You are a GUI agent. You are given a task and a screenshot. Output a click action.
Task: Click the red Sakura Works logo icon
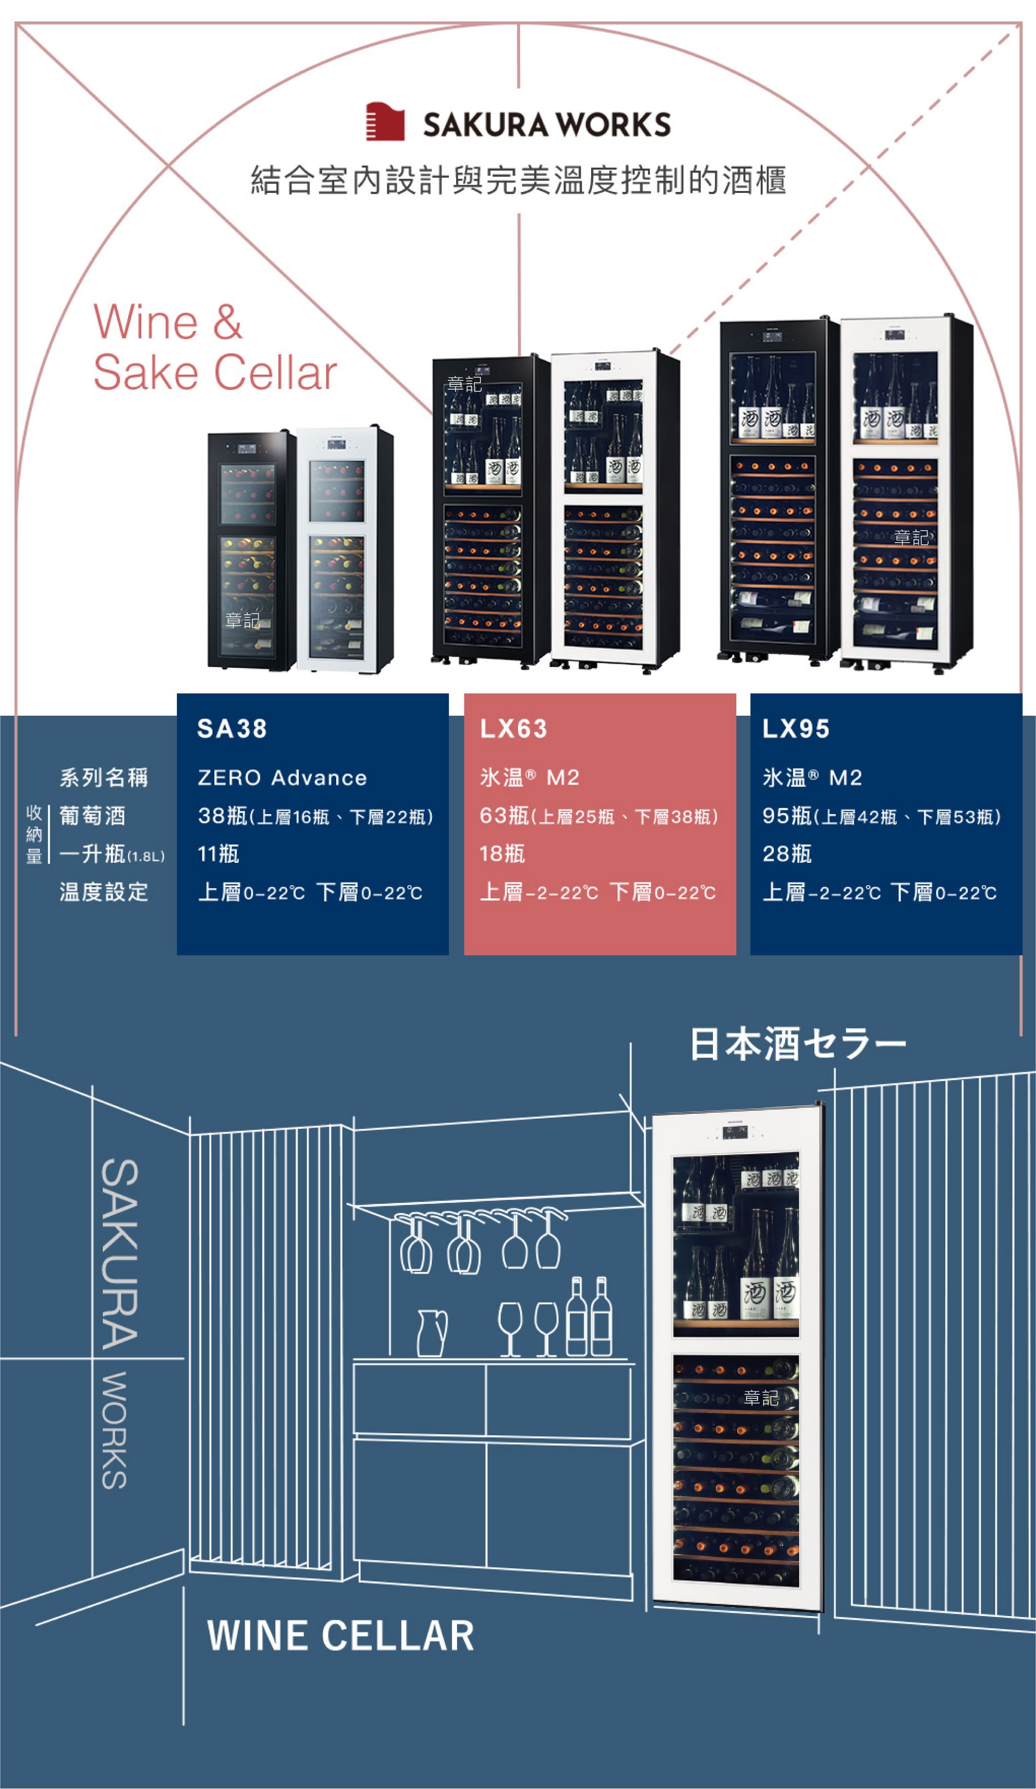[385, 122]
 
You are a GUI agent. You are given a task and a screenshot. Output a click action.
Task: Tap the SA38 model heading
[232, 728]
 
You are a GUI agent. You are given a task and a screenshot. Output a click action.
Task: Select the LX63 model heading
[514, 728]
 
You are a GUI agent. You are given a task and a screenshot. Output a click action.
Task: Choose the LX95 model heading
[796, 728]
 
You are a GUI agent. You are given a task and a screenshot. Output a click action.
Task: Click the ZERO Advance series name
[282, 778]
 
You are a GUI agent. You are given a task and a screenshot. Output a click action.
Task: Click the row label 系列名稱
[104, 778]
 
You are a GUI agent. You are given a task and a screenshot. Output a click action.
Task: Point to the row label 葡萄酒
[92, 816]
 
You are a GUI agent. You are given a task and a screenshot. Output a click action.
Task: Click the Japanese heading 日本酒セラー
[797, 1044]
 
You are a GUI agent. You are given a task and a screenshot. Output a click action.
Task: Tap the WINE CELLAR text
[341, 1637]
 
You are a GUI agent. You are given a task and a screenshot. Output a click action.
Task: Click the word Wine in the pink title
[146, 323]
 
